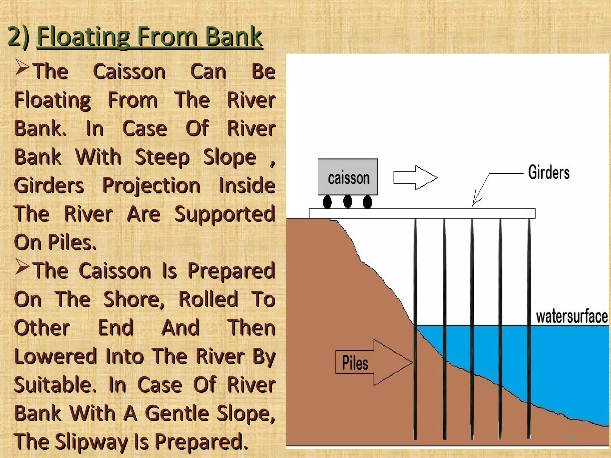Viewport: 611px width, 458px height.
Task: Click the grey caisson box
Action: tap(348, 177)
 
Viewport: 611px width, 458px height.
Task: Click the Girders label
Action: tap(549, 173)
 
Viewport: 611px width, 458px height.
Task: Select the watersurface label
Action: tap(572, 317)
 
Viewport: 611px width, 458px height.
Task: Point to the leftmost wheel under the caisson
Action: tap(327, 202)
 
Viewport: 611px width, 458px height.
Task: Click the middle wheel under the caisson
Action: tap(348, 201)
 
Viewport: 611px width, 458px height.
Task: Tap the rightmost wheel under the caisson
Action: tap(367, 202)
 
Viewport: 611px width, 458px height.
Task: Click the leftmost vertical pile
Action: tap(415, 328)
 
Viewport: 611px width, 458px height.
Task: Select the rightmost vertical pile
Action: tap(529, 328)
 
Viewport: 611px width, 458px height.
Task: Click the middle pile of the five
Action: tap(472, 328)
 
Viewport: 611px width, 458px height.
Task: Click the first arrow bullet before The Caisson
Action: tap(22, 67)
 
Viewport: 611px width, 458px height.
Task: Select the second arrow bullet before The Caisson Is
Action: tap(22, 267)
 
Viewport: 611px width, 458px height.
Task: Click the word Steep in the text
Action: tap(162, 157)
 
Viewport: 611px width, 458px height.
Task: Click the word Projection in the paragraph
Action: tap(151, 186)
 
